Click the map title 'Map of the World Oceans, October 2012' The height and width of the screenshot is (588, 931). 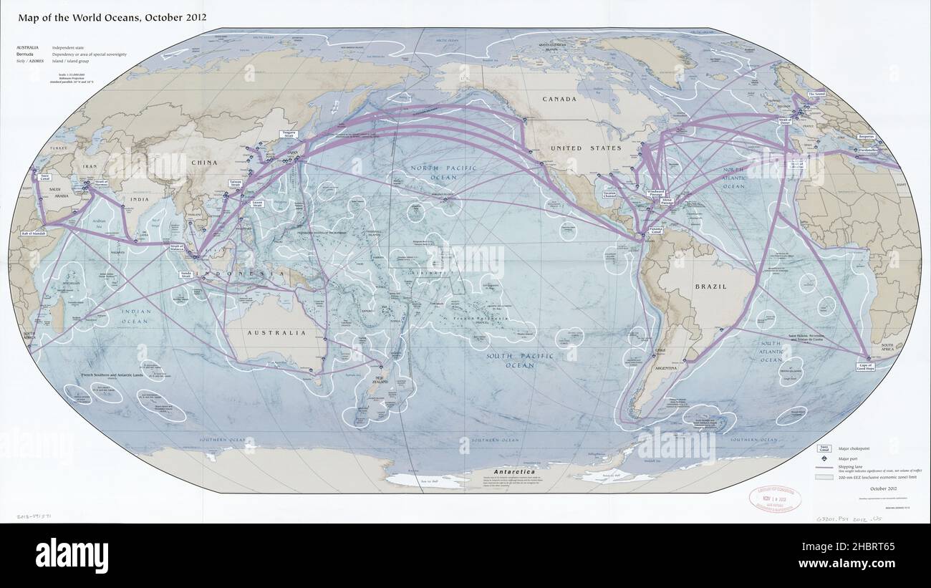tap(108, 16)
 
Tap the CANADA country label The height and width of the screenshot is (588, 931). tap(559, 100)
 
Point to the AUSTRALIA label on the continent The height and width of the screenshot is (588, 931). tap(276, 333)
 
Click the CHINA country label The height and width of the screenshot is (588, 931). tap(203, 163)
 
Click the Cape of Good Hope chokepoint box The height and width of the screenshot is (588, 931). tap(867, 366)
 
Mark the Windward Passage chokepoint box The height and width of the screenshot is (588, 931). tap(655, 193)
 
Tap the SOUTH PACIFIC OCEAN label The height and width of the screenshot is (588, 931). tap(510, 360)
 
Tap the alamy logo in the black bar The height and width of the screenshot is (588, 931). tap(72, 555)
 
